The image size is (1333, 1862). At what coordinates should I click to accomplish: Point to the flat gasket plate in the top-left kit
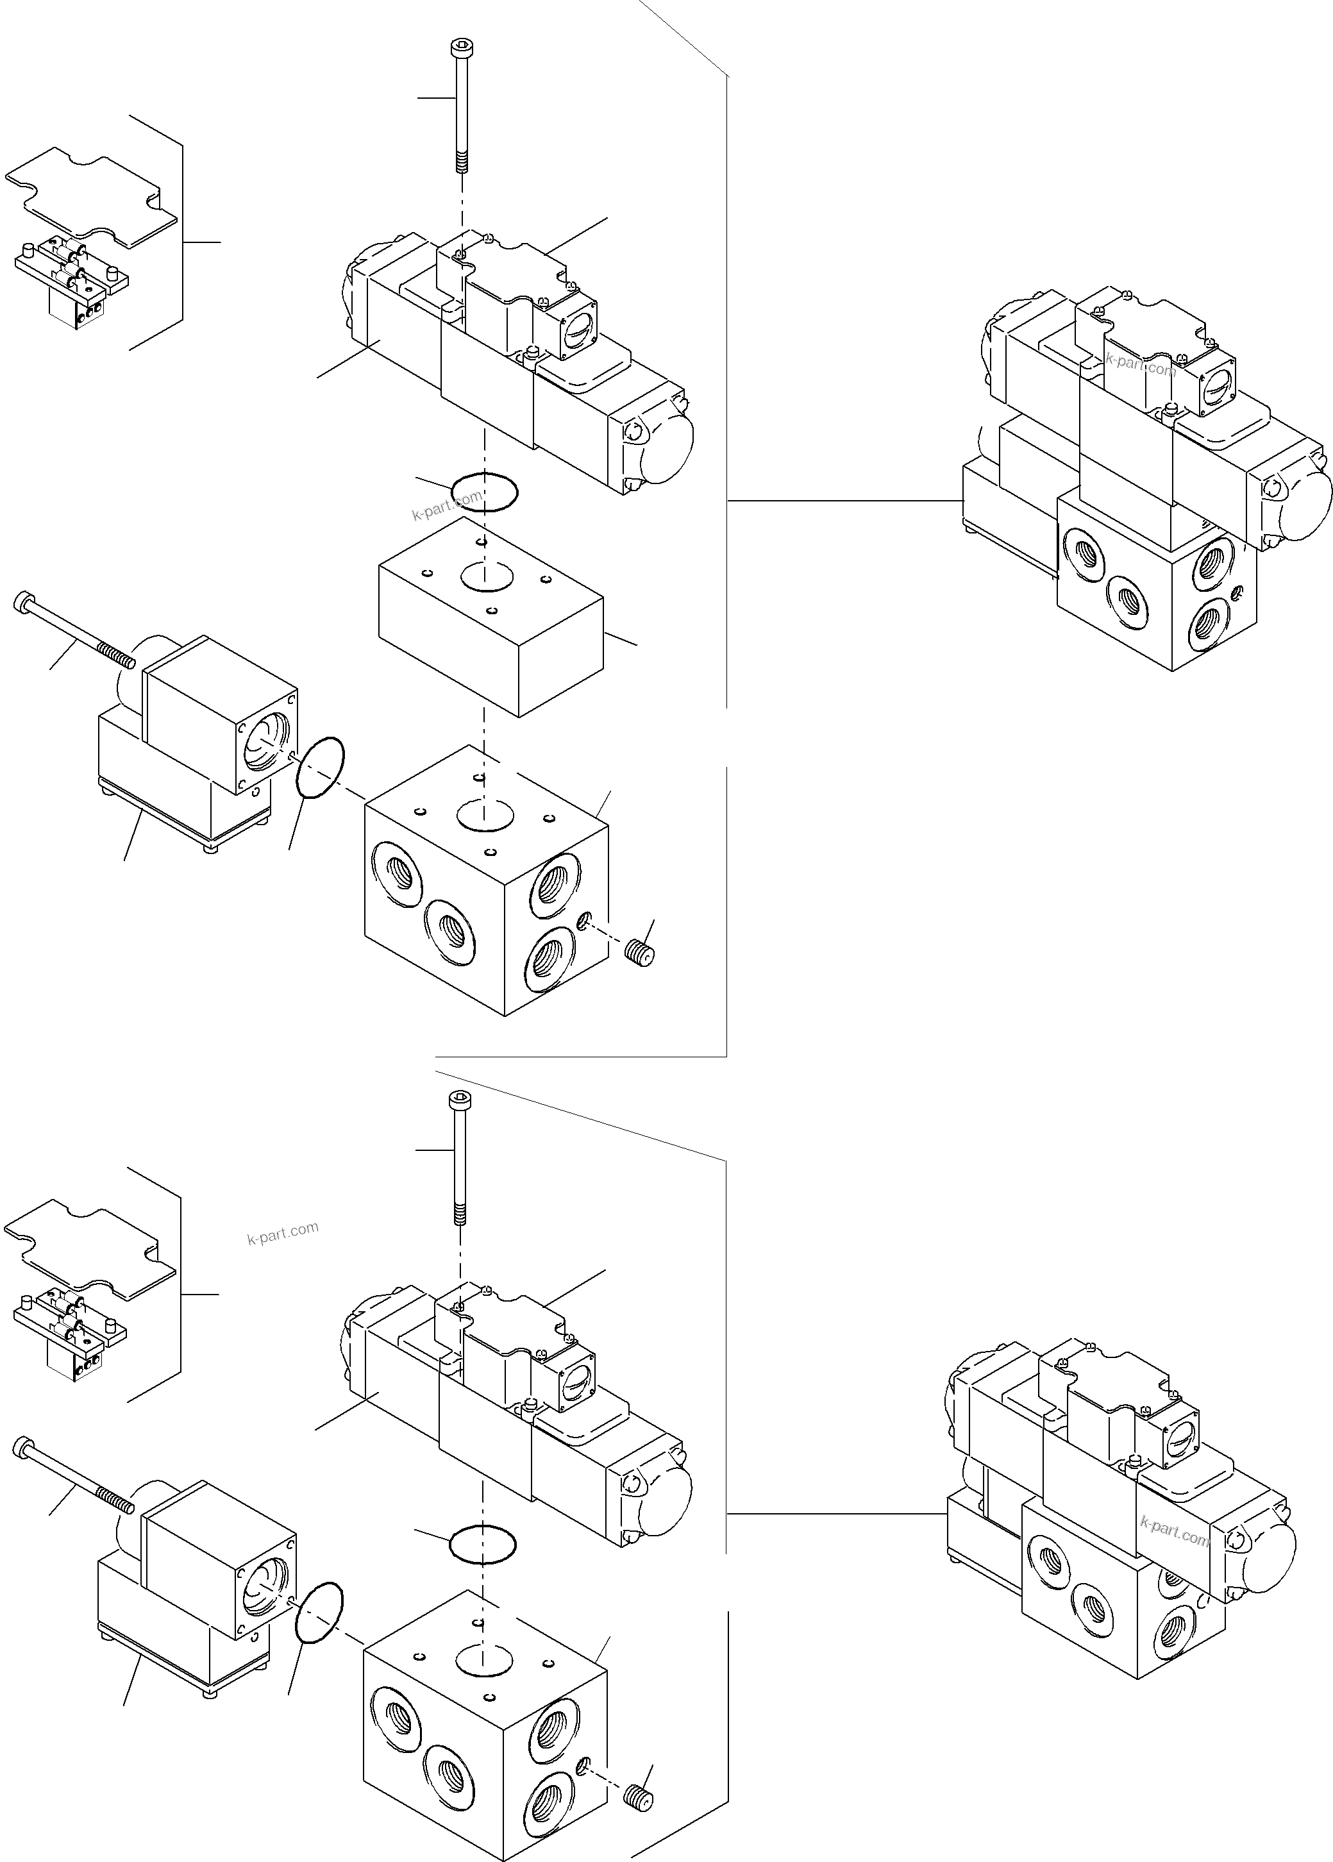(90, 197)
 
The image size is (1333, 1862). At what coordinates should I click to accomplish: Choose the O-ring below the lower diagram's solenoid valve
(483, 1545)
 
